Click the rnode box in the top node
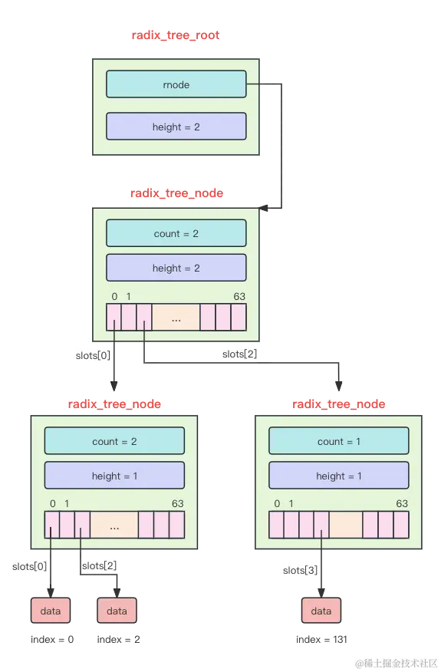click(176, 84)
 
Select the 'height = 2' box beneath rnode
click(176, 127)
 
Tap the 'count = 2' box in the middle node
click(176, 233)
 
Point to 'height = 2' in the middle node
click(176, 268)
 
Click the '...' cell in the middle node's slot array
click(176, 318)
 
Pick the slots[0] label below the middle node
click(93, 356)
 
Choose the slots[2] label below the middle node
click(240, 354)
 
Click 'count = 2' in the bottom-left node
click(114, 441)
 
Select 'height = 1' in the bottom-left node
click(114, 476)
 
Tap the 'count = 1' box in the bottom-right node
click(338, 441)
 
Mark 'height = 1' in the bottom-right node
click(338, 476)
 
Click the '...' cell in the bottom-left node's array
click(114, 525)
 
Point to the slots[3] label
click(300, 570)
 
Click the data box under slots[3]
click(321, 611)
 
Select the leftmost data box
click(51, 611)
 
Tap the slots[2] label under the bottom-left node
click(98, 566)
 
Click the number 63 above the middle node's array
click(239, 297)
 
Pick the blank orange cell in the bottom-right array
click(346, 525)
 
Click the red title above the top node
click(176, 35)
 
